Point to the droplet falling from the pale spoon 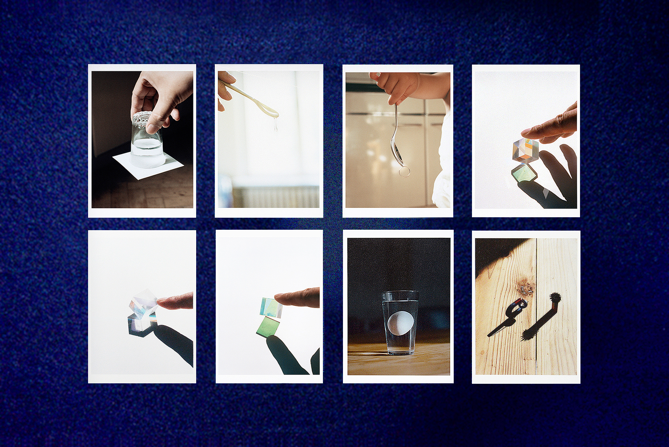click(276, 127)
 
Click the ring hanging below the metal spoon click(404, 171)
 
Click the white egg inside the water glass click(400, 323)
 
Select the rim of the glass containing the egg click(400, 294)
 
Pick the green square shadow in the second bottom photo click(269, 328)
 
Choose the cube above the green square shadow click(271, 308)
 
